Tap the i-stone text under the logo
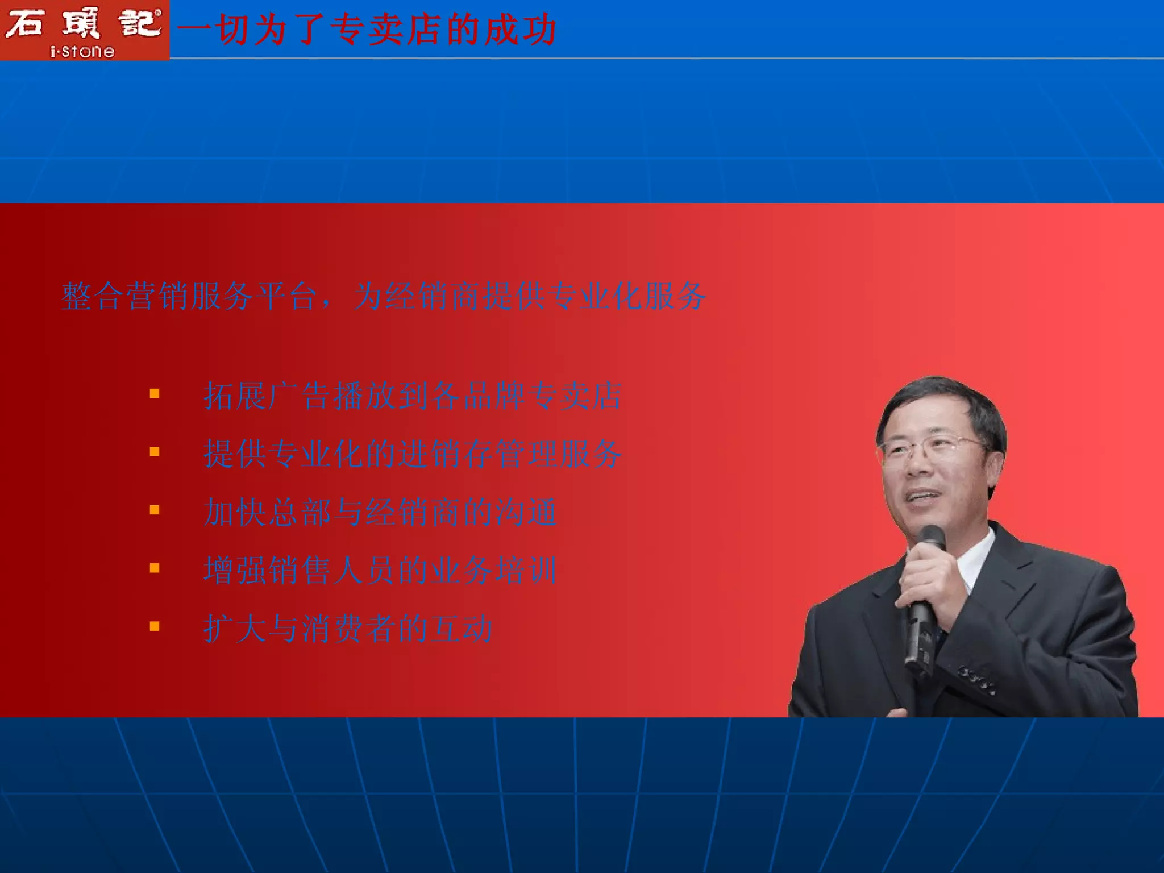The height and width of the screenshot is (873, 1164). (x=83, y=52)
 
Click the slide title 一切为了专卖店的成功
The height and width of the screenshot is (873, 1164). (x=367, y=30)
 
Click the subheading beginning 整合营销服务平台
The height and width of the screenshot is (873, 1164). (x=384, y=296)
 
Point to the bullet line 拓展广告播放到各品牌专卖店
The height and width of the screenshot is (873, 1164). (x=413, y=396)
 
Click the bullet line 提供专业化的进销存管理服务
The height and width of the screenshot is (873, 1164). (x=413, y=454)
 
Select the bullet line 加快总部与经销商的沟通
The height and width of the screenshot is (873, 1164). (x=380, y=512)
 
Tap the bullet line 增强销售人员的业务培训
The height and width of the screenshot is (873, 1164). (x=380, y=570)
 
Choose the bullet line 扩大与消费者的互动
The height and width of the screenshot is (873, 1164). (x=348, y=629)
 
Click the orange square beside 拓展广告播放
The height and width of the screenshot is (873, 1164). (x=155, y=393)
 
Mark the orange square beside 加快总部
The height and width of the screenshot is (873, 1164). (x=155, y=510)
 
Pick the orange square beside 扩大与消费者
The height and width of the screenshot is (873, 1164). (x=155, y=626)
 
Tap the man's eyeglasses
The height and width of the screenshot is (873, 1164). (x=932, y=449)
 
